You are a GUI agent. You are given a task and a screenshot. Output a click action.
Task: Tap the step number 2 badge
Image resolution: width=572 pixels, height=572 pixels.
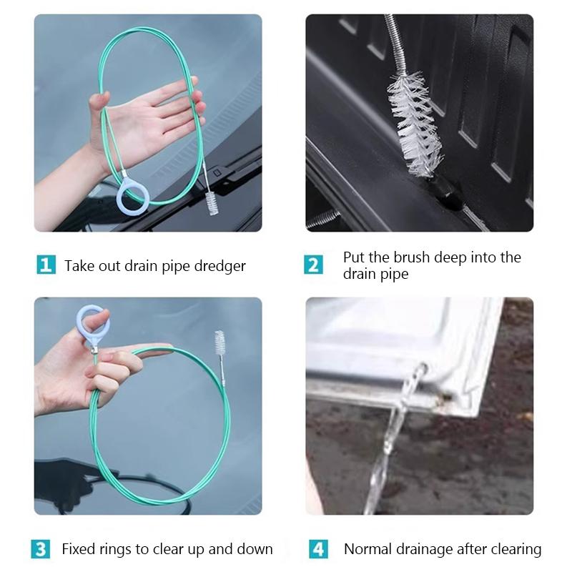tap(314, 265)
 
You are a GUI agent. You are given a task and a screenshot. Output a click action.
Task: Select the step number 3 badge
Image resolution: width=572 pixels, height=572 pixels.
tap(41, 549)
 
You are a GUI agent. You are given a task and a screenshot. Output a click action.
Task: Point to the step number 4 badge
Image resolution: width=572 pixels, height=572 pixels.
tap(318, 549)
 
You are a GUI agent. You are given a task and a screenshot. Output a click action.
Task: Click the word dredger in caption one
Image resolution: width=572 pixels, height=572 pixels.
tap(219, 266)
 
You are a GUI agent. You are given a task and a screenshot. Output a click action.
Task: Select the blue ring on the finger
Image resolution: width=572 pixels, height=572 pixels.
tap(94, 322)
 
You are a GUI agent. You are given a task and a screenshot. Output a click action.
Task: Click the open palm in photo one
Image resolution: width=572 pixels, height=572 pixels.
tap(143, 118)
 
